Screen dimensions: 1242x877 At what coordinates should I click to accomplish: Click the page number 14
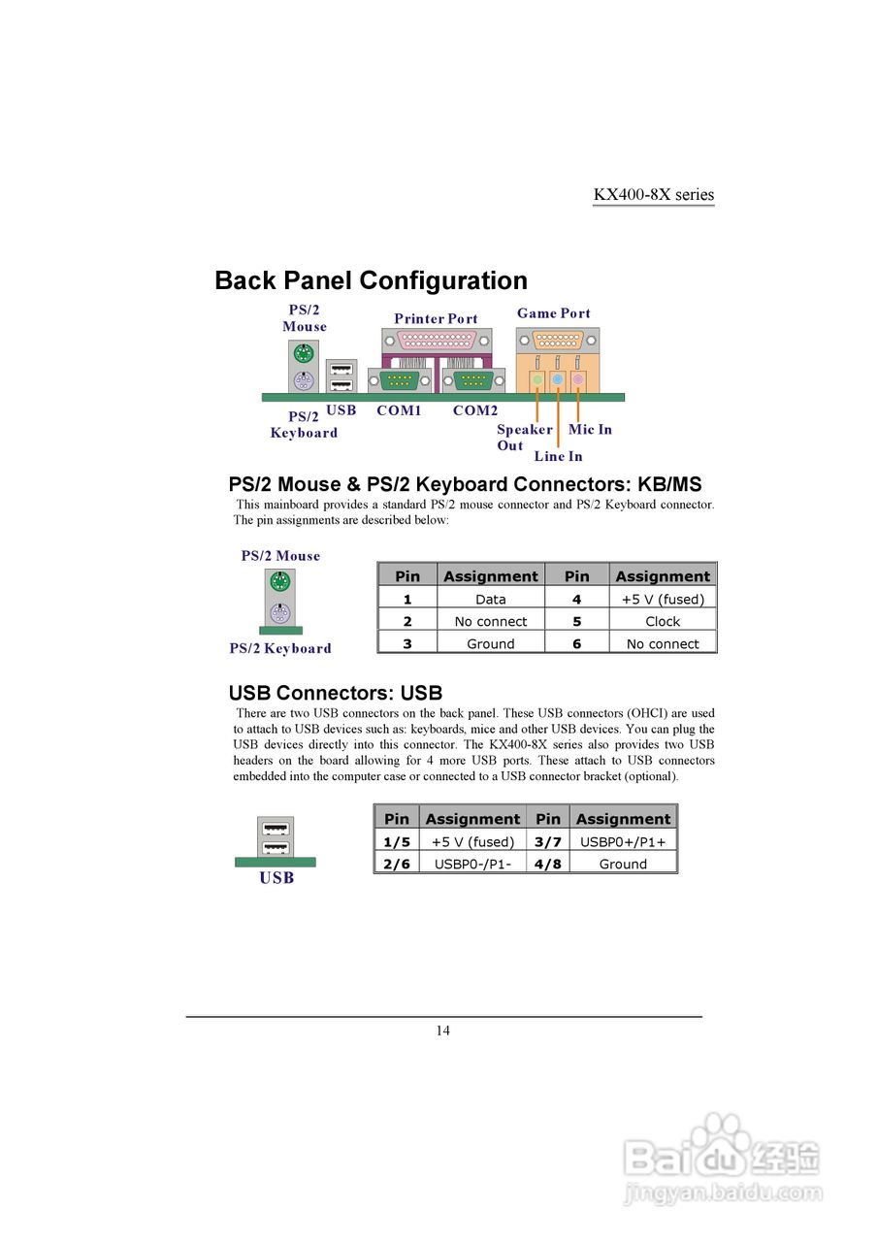[x=442, y=1030]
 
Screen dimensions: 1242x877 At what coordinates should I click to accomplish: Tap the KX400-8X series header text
[x=653, y=194]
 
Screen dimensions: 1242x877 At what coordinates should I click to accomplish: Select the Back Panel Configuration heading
[x=371, y=280]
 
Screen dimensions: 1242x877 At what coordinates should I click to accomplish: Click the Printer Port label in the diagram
[x=436, y=318]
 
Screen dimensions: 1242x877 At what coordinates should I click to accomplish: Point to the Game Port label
[x=553, y=313]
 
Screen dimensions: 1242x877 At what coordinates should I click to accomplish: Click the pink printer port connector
[x=437, y=342]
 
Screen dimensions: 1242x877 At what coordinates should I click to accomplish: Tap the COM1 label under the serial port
[x=399, y=410]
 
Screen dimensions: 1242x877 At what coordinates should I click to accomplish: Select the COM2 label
[x=475, y=410]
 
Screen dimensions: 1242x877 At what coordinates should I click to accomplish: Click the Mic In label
[x=590, y=430]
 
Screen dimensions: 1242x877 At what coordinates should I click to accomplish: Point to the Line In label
[x=558, y=456]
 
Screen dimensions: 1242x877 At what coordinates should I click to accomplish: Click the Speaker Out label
[x=524, y=438]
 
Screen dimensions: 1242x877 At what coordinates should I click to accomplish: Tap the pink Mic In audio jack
[x=578, y=379]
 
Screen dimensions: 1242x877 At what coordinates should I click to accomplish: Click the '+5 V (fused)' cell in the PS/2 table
[x=663, y=600]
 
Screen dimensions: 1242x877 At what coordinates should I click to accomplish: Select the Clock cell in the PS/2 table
[x=663, y=622]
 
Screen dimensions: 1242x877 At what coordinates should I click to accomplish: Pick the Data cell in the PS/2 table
[x=491, y=600]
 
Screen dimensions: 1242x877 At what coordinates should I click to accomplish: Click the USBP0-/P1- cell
[x=472, y=865]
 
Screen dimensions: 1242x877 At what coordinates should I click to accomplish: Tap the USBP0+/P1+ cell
[x=623, y=842]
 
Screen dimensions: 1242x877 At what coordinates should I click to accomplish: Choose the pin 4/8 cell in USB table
[x=548, y=865]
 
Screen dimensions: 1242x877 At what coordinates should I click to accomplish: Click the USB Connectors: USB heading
[x=336, y=693]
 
